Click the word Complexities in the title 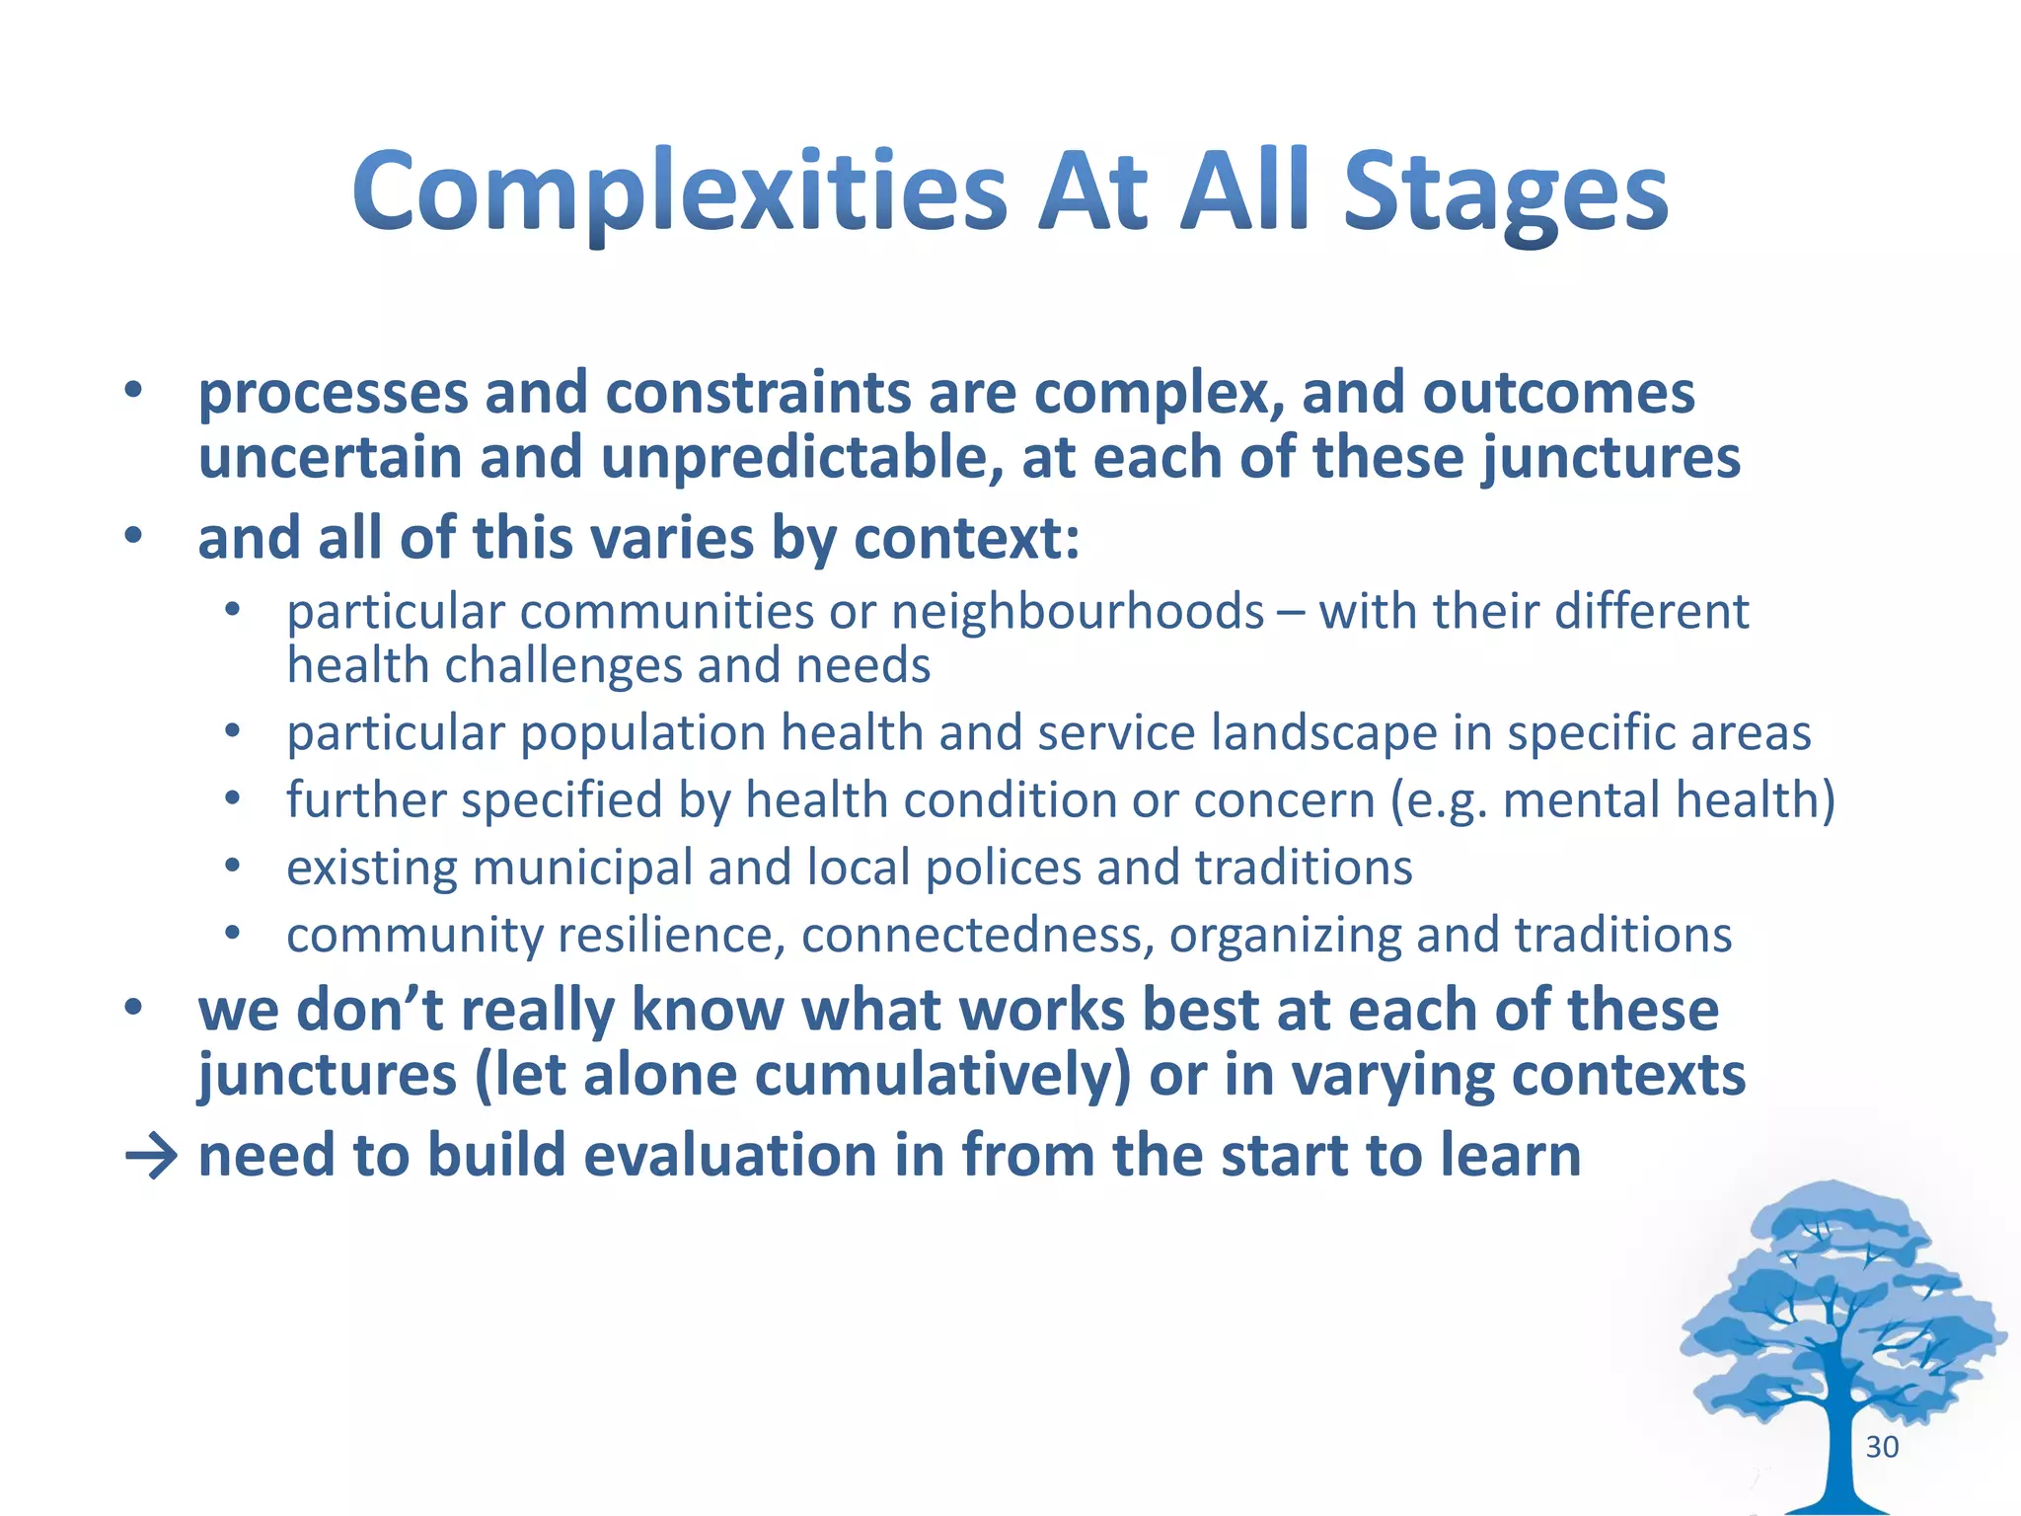(x=680, y=192)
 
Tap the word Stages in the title (x=1505, y=192)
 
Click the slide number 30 (x=1882, y=1447)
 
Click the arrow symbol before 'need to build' (x=151, y=1156)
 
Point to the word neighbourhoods (x=1078, y=612)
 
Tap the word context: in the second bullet (x=966, y=539)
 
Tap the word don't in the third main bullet (x=368, y=1010)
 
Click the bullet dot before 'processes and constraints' (x=133, y=392)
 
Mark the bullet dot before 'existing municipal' (x=232, y=867)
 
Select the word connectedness (x=977, y=935)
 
